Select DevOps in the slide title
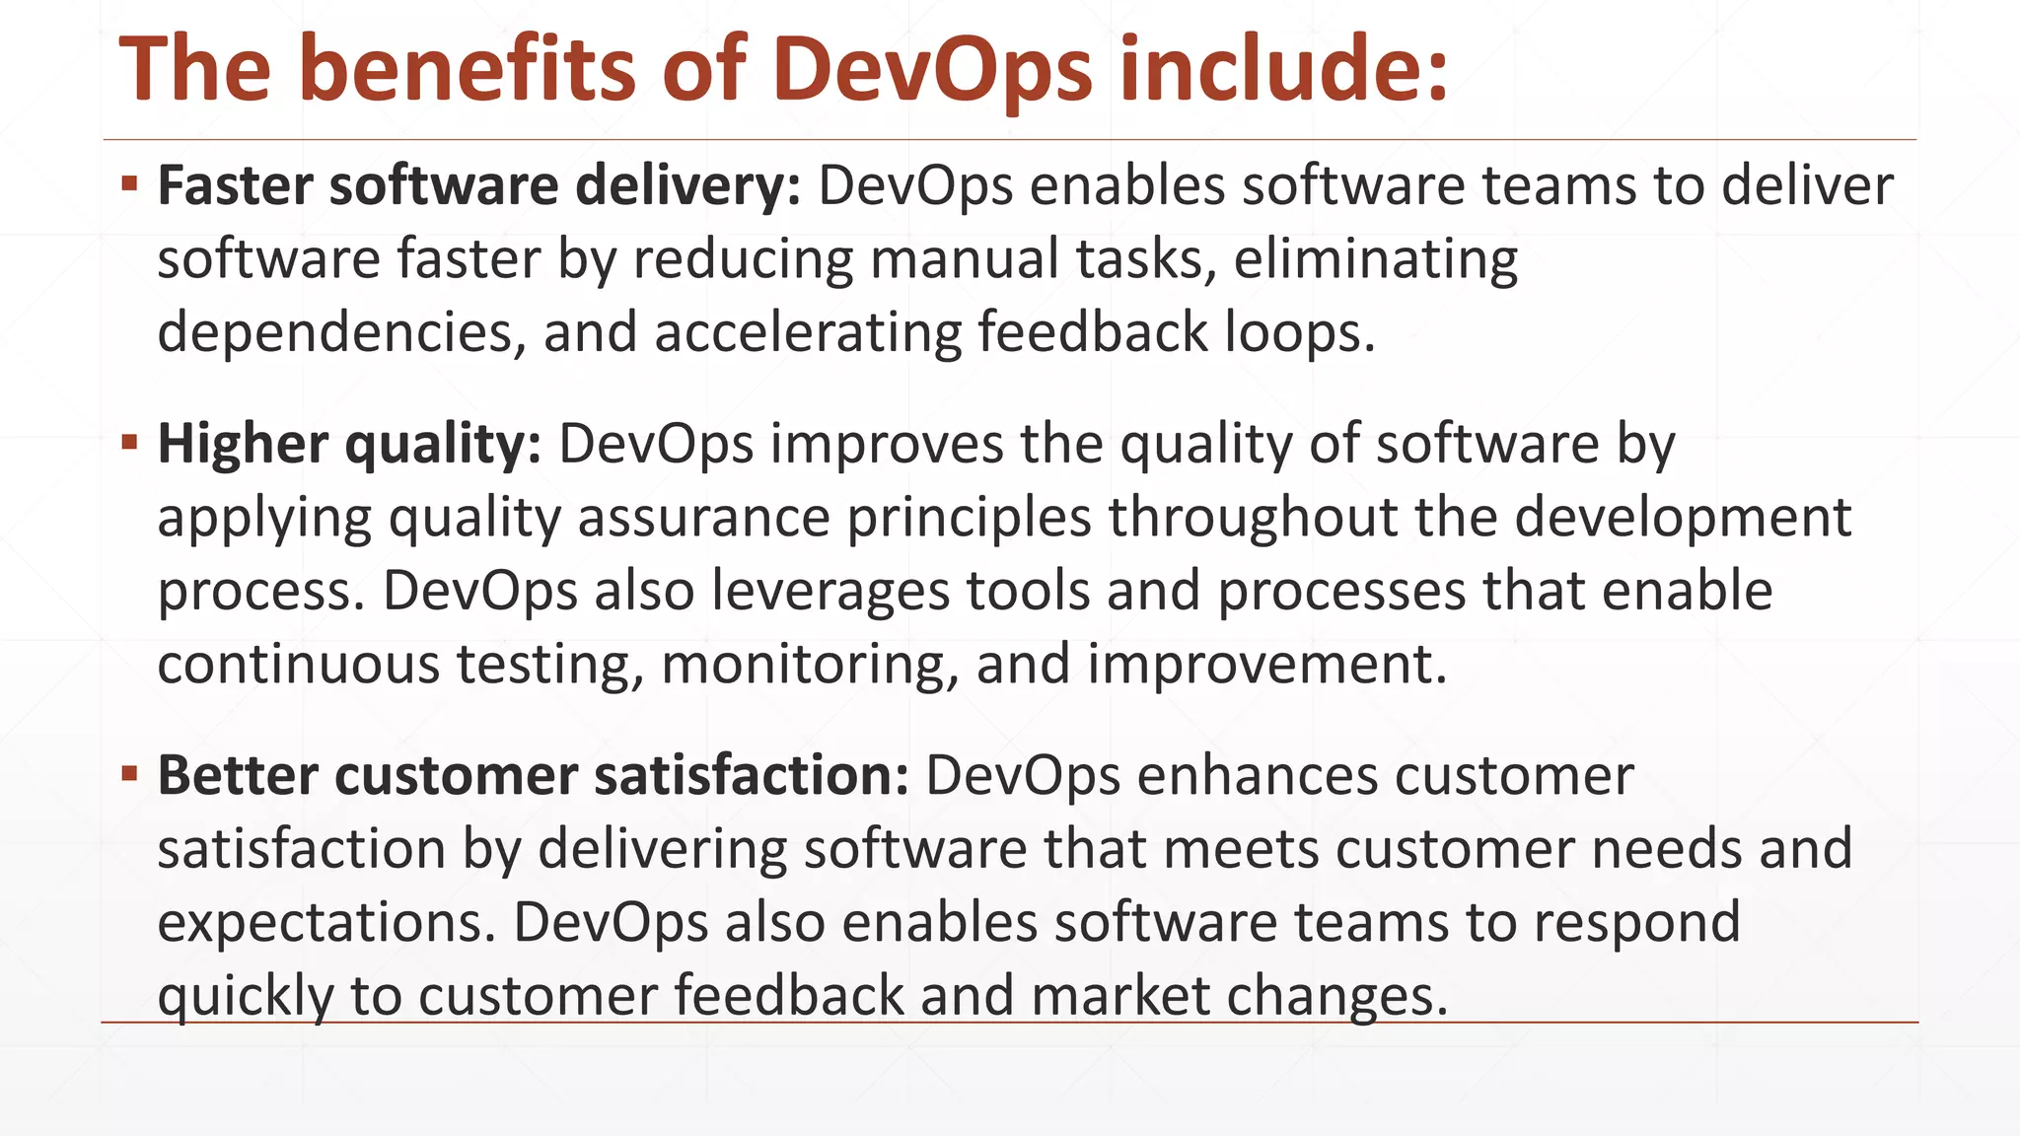tap(932, 71)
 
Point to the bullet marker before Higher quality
tap(129, 442)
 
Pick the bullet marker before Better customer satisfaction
tap(129, 773)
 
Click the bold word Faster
tap(235, 185)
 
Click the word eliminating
tap(1375, 260)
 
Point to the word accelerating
tap(807, 333)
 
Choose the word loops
tap(1299, 333)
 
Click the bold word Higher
tap(242, 444)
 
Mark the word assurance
tap(703, 518)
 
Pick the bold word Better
tap(237, 775)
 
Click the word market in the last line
tap(1119, 996)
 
